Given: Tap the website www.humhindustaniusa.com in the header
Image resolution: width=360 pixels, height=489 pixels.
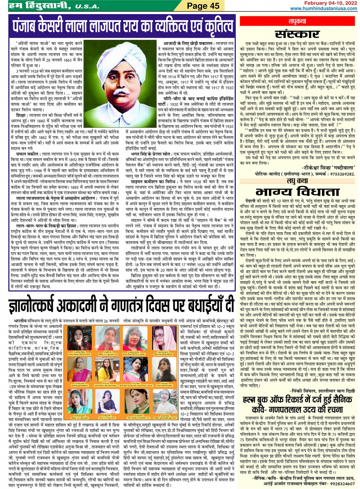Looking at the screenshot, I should pyautogui.click(x=324, y=9).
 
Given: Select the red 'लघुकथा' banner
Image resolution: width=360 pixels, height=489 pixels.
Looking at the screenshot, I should pyautogui.click(x=298, y=21).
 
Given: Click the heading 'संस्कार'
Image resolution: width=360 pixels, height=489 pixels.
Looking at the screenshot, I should pyautogui.click(x=297, y=34).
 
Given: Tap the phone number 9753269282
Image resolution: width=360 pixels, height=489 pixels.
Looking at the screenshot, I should pyautogui.click(x=338, y=174).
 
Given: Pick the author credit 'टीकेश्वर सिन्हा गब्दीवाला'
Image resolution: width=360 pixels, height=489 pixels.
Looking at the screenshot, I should pyautogui.click(x=328, y=167).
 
